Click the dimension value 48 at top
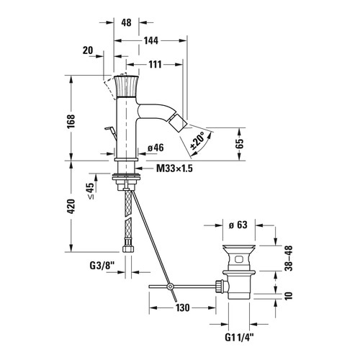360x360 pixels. (126, 22)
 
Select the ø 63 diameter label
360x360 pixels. (238, 225)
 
